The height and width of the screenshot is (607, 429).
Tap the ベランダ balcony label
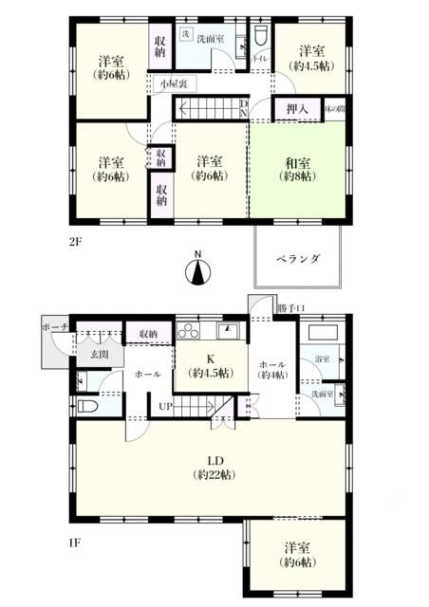click(x=298, y=258)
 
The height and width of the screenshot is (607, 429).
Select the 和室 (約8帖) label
click(x=299, y=169)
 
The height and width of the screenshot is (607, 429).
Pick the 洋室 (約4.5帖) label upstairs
click(x=309, y=59)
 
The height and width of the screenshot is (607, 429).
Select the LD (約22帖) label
click(x=207, y=466)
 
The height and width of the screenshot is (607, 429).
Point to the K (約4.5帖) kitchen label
click(x=212, y=365)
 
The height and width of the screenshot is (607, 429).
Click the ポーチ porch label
click(x=53, y=327)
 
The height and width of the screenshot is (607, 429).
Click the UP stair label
click(x=164, y=408)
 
